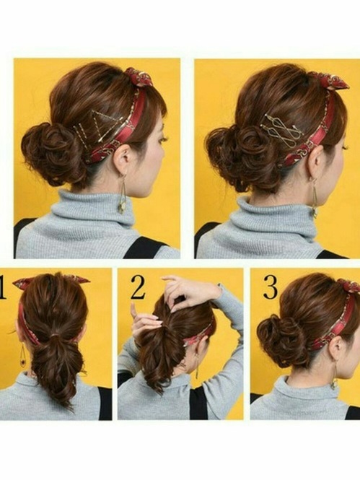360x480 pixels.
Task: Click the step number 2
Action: [x=137, y=287]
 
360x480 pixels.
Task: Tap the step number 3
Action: [x=271, y=288]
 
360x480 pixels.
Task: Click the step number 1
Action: [x=2, y=287]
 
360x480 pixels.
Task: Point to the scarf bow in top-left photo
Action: [x=138, y=77]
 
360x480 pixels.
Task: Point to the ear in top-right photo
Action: [x=316, y=162]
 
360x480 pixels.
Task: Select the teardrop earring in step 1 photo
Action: [x=23, y=356]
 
